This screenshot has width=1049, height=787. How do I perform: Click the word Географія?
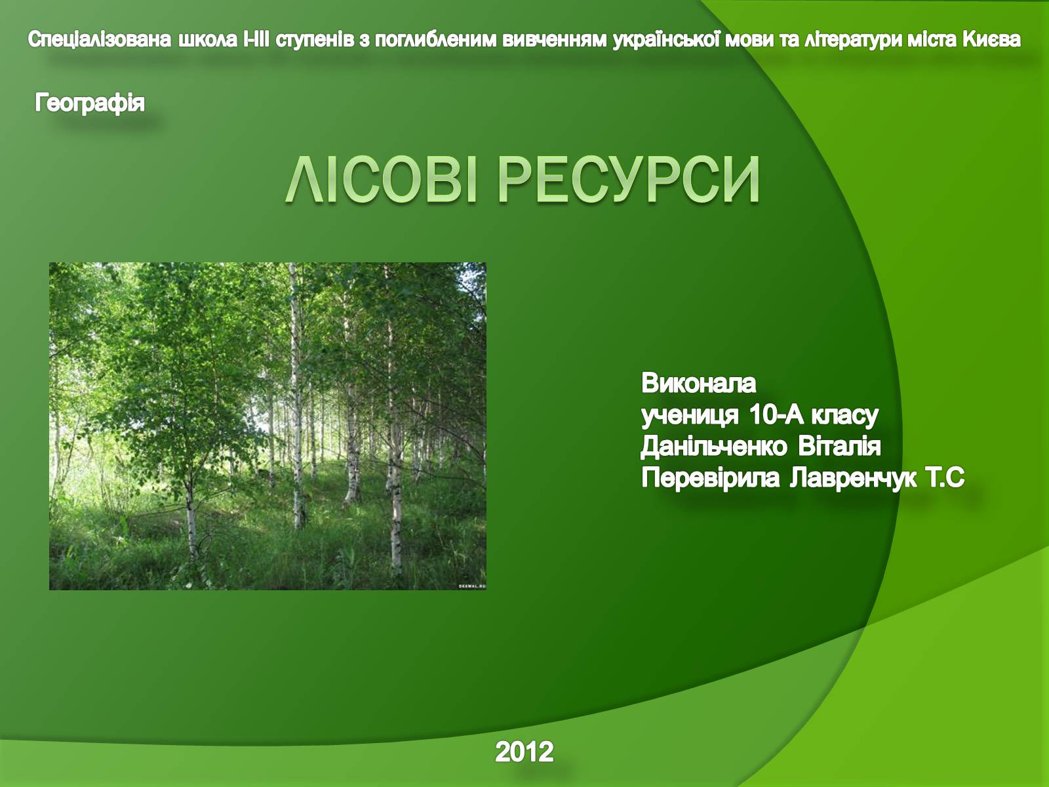coord(89,103)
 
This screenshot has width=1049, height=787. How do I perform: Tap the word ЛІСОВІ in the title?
coord(381,179)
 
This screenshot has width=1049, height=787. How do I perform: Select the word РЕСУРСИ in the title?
coord(629,179)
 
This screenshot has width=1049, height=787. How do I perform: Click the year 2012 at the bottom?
coord(524,751)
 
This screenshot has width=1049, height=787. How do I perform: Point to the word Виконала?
coord(699,383)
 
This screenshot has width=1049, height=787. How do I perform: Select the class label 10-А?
coord(777,414)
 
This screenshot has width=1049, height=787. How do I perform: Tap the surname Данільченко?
coord(713,447)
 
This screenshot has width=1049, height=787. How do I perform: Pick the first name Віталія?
coord(839,447)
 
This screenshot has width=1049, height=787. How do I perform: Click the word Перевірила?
coord(710,478)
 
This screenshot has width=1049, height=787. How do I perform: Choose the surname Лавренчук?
coord(854,478)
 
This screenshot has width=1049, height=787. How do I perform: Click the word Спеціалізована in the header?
coord(100,39)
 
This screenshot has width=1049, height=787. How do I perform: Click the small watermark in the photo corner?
coord(472,586)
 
